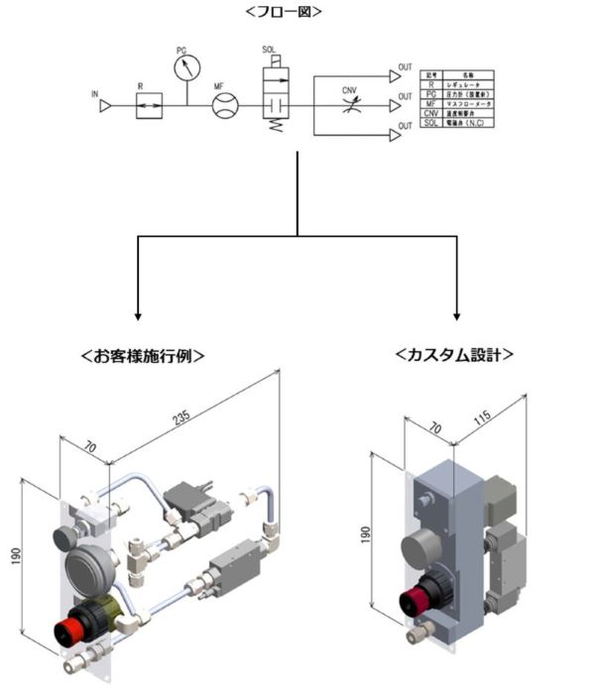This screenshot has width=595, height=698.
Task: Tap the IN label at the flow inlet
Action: coord(95,94)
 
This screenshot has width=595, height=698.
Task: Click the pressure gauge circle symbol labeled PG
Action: coord(185,68)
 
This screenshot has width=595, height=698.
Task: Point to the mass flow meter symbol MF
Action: coord(226,104)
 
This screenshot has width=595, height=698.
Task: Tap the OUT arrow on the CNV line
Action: coord(394,104)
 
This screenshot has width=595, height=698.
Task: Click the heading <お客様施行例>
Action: coord(145,356)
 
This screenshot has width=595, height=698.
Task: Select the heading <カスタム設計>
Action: coord(454,354)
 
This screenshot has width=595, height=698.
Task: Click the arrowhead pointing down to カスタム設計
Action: coord(456,315)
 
